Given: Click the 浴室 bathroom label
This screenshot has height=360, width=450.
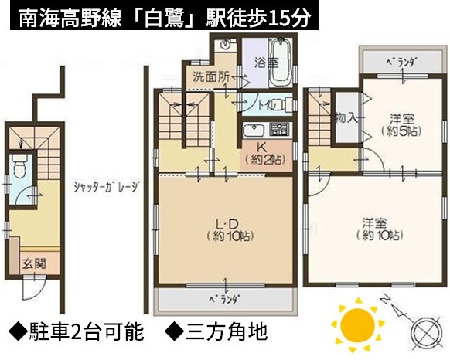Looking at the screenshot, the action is (267, 63).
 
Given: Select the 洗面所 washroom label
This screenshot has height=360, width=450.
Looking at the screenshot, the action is (211, 76).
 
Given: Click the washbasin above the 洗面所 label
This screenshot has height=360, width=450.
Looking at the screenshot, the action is (226, 45).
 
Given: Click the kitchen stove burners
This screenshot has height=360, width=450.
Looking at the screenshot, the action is (279, 130).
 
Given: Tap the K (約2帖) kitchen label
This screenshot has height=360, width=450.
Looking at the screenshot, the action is (264, 154).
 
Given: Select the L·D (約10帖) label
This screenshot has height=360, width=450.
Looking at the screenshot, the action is (230, 229).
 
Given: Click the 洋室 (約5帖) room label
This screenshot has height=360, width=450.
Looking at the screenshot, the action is (401, 125).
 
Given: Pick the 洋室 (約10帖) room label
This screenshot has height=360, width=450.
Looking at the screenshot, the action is (380, 229).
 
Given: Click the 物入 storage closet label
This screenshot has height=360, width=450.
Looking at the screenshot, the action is (346, 117).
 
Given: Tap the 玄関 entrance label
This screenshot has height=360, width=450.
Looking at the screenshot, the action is (34, 263).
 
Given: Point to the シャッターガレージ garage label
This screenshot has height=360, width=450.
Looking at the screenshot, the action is (107, 187).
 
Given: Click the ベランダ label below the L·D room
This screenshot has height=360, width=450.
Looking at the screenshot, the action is (224, 299).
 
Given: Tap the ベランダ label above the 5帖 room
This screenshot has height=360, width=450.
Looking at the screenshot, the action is (401, 62).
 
